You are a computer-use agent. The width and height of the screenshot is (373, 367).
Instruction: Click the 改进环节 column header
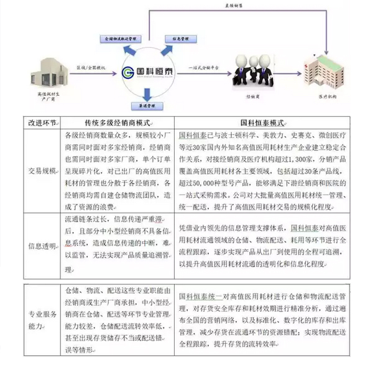click(x=40, y=123)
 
